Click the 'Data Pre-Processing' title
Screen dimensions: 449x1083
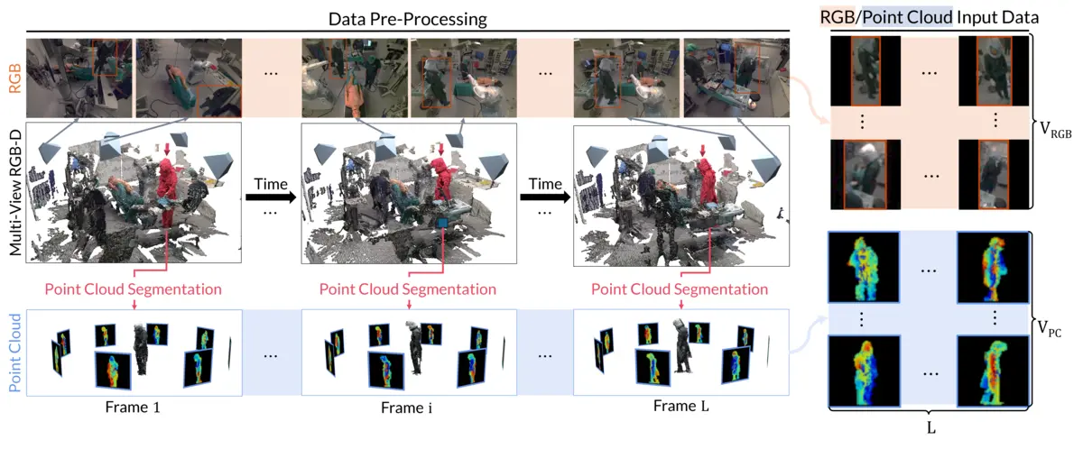[x=408, y=18]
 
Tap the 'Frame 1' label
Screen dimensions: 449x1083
[x=133, y=407]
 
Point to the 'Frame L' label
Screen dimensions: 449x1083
[x=680, y=407]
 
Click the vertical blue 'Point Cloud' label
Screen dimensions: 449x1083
[x=14, y=353]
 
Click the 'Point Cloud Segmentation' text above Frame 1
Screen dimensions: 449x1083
[x=134, y=289]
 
